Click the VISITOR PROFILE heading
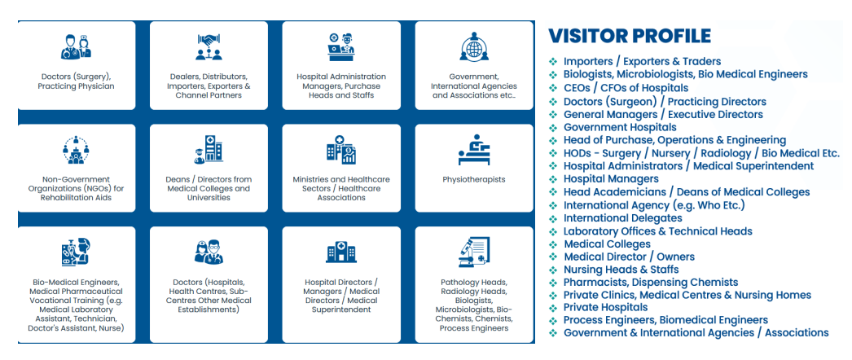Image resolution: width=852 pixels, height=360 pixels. click(629, 36)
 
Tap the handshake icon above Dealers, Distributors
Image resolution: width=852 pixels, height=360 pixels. click(209, 46)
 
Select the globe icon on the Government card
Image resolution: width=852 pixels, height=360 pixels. click(473, 46)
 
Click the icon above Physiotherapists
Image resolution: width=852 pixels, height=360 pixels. click(473, 150)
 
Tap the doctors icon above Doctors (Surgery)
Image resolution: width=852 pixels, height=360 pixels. click(76, 46)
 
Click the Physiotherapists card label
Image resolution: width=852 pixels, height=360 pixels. click(473, 179)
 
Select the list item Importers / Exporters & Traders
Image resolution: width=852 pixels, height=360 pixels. click(642, 61)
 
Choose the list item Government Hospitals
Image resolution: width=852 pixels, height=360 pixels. click(619, 127)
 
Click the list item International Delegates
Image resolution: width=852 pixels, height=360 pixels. click(622, 218)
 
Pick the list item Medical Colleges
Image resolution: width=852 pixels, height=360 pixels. click(607, 244)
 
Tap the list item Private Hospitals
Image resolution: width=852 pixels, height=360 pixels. click(605, 308)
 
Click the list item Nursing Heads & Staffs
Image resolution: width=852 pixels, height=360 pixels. click(621, 270)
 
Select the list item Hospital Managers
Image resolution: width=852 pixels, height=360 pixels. click(610, 178)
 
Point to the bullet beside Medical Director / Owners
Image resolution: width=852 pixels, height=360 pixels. click(553, 257)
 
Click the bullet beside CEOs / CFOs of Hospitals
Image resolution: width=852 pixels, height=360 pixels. click(553, 88)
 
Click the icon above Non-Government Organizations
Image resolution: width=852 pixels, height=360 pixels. click(76, 150)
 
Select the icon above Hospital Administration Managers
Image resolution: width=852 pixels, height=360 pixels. click(340, 46)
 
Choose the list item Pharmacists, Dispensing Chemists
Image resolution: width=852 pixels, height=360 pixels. click(639, 283)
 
